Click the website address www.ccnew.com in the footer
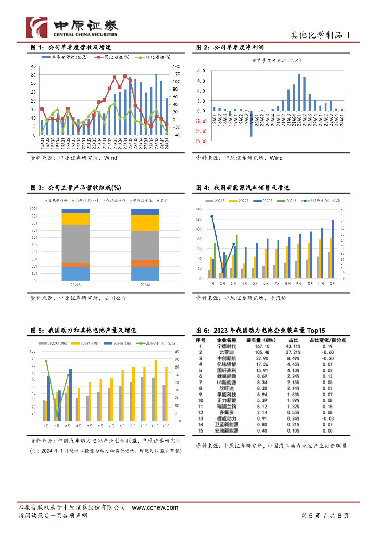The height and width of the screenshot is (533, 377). click(155, 507)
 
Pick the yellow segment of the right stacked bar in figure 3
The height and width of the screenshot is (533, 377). click(145, 223)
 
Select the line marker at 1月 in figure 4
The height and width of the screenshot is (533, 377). click(212, 216)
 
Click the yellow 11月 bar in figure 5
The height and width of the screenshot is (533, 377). click(155, 390)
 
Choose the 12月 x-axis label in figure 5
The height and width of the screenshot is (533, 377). click(165, 425)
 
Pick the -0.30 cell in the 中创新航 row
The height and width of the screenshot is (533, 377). click(328, 358)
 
